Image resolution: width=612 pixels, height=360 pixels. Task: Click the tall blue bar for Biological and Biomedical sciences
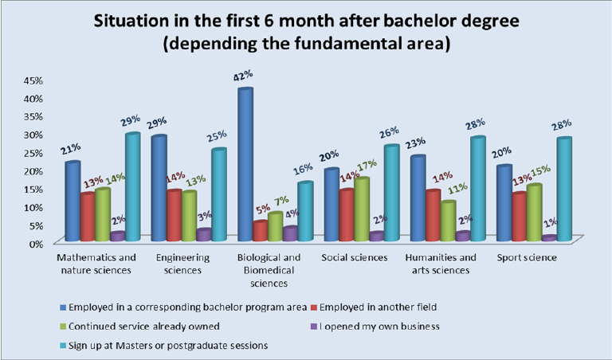[x=245, y=163]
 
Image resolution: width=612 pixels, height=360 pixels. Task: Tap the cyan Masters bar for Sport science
[x=563, y=189]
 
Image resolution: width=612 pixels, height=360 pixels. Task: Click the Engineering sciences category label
[x=183, y=264]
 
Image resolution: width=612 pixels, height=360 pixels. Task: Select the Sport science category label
[x=526, y=258]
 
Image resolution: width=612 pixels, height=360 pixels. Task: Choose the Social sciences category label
[x=354, y=258]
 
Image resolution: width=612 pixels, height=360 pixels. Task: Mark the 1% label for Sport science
[x=549, y=224]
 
